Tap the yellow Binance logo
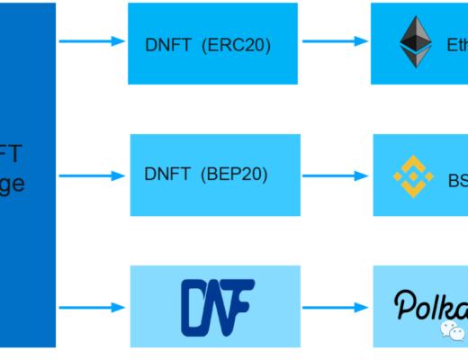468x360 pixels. coord(413,175)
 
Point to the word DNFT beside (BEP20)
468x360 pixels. coord(168,174)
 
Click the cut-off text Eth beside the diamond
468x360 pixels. coord(456,44)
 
